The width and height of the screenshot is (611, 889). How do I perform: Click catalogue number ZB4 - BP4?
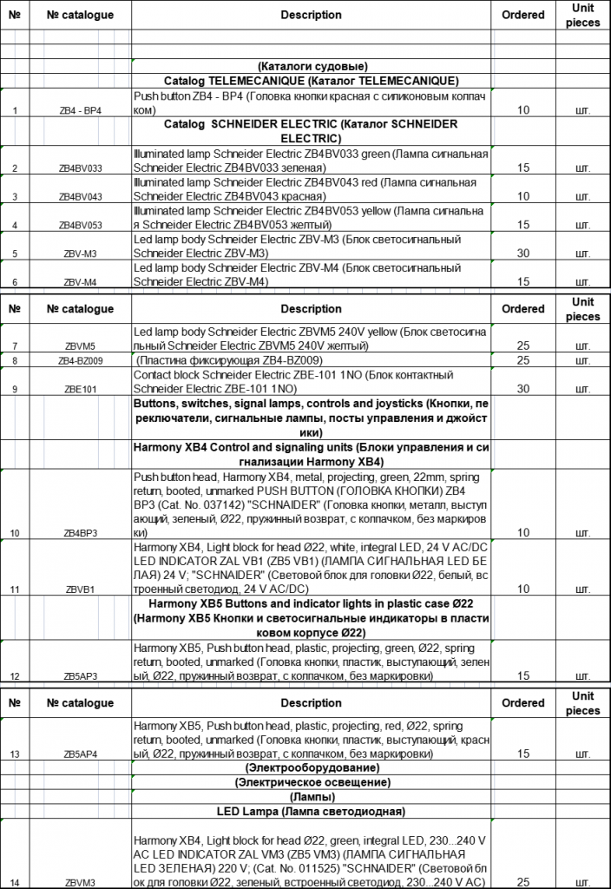tap(80, 111)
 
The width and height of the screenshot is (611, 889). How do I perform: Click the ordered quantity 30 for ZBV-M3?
tap(522, 254)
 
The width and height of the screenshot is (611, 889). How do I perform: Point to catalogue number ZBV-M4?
tap(80, 282)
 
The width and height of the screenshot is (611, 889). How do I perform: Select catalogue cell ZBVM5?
tap(80, 346)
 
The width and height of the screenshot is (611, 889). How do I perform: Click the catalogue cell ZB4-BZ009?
tap(80, 360)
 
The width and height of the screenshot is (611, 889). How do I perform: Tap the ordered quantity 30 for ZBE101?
tap(522, 389)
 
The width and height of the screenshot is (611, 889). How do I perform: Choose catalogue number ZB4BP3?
tap(80, 532)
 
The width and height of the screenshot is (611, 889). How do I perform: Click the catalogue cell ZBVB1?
tap(80, 589)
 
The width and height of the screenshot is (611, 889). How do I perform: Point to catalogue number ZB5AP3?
tap(80, 675)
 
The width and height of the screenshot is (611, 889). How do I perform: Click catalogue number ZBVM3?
tap(80, 883)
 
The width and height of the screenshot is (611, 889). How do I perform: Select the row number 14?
tap(16, 883)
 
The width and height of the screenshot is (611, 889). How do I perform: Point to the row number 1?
tap(16, 111)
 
